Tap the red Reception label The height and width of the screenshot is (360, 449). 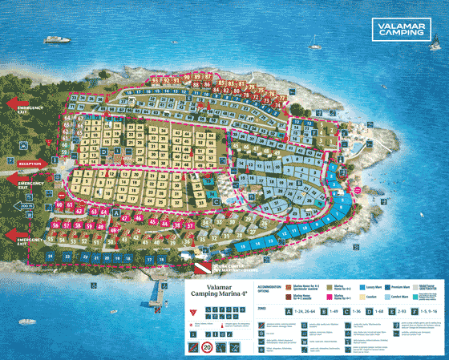pyautogui.click(x=30, y=164)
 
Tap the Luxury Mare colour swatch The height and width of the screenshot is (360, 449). pyautogui.click(x=363, y=286)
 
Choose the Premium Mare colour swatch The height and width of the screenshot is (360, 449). pyautogui.click(x=393, y=286)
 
